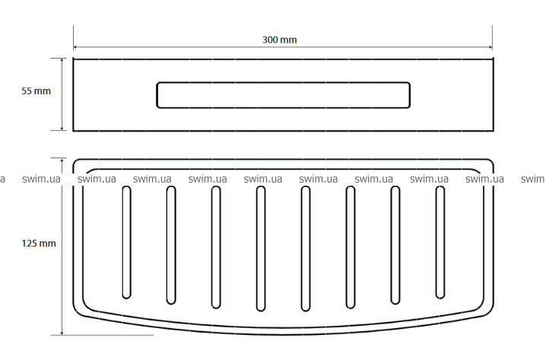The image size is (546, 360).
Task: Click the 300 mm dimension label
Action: (279, 40)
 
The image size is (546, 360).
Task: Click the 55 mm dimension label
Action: (36, 91)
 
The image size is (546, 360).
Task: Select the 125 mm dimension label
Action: (39, 244)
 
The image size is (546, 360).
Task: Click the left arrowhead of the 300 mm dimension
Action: (75, 47)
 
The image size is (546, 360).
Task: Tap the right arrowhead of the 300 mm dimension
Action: (490, 47)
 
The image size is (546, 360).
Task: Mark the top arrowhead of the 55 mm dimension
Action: (62, 60)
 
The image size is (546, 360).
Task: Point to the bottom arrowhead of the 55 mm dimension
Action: (62, 129)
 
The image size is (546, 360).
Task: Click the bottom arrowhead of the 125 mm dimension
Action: (62, 333)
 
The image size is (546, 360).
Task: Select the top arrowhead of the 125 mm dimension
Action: (62, 161)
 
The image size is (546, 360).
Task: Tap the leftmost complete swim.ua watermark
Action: (41, 179)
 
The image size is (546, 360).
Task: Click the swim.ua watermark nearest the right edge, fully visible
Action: (484, 179)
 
